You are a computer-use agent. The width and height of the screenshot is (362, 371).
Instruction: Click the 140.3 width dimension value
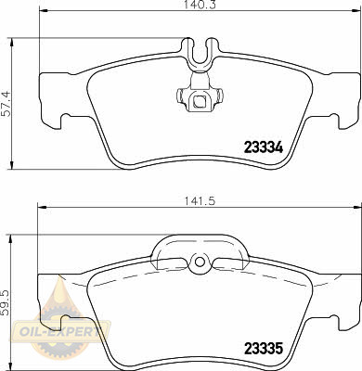200,5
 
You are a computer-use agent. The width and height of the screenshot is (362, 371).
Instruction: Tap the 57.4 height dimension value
6,103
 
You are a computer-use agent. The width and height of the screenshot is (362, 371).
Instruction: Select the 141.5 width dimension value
200,201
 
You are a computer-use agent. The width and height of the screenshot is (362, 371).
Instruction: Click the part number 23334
264,147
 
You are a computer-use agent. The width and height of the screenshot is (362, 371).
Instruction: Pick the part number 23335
264,349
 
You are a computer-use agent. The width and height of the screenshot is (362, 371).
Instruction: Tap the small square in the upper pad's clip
199,101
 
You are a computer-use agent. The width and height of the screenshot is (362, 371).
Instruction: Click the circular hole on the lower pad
200,262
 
